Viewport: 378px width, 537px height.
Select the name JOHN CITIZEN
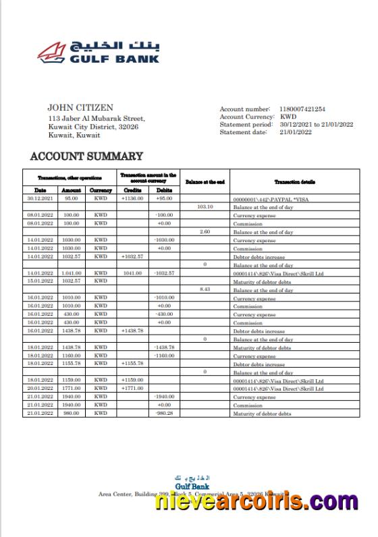tap(80, 107)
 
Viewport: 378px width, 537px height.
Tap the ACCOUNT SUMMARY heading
tap(86, 157)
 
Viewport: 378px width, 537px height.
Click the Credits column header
tap(133, 190)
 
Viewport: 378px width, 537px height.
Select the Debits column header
tap(163, 190)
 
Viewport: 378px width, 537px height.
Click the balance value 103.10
tap(205, 207)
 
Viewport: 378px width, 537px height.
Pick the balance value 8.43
tap(205, 289)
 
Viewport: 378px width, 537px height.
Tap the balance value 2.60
tap(205, 232)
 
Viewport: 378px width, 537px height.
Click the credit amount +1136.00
tap(133, 199)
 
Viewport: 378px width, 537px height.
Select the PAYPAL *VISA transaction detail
tap(269, 199)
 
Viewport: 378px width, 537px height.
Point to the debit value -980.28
tap(163, 413)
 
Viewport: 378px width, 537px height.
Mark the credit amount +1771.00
tap(133, 389)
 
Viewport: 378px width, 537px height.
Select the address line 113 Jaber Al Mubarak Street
tap(97, 119)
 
